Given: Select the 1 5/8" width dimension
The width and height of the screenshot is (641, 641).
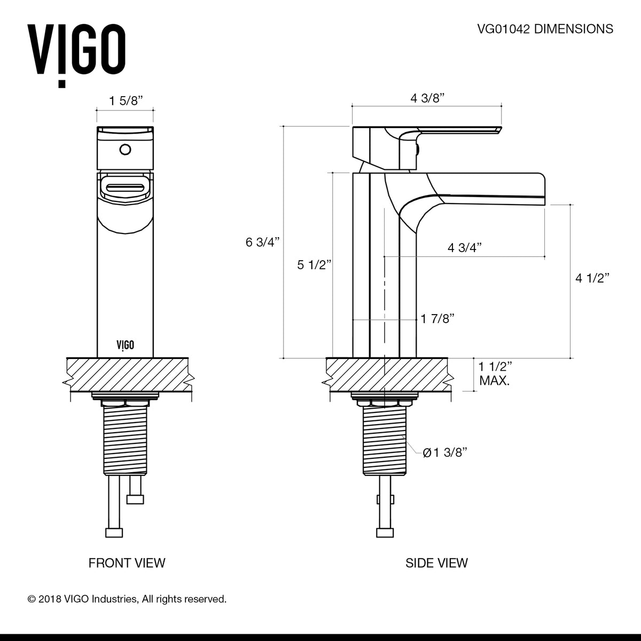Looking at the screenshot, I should coord(126,101).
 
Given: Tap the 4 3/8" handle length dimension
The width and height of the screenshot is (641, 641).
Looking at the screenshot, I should coord(427,98).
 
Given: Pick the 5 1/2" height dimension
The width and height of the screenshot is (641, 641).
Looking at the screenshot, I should coord(315,264).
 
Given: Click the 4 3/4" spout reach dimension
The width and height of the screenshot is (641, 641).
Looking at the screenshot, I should coord(465,247).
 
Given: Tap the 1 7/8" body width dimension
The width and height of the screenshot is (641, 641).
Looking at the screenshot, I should coord(437,319).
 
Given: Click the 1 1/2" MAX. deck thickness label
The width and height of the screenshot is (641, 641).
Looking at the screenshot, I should coord(495,373).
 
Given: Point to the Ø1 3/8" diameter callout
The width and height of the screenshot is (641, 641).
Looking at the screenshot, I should coord(445,452).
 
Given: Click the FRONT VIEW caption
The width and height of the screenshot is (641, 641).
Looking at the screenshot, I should coord(127,562).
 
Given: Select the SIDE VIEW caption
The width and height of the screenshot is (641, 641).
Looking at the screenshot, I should coord(436,562).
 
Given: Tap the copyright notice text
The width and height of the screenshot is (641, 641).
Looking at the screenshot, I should coord(127,599).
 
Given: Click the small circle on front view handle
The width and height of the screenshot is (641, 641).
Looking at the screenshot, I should coord(126,149).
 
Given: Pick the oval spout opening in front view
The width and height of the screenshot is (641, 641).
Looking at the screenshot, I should coord(126,189).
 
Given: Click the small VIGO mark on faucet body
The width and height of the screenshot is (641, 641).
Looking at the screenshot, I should coord(126,345).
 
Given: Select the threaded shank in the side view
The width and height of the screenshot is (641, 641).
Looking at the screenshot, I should coord(384,438).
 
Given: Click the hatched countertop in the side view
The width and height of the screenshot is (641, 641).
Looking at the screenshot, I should coord(385,374).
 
